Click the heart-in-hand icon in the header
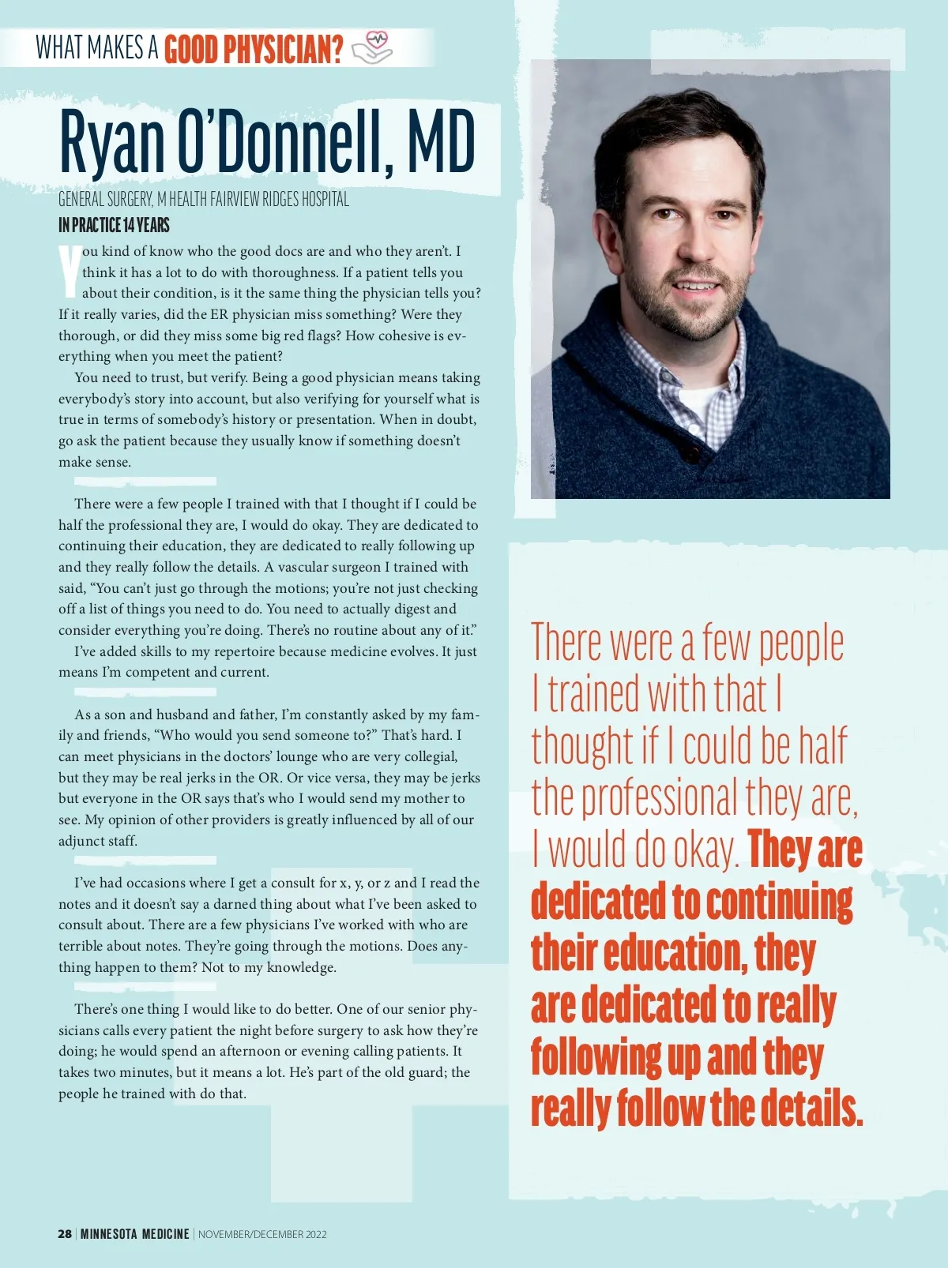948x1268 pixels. tap(372, 47)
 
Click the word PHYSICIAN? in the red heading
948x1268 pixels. tap(284, 50)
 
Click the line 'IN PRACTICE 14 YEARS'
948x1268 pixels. tap(114, 226)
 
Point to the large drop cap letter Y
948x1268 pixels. tap(70, 270)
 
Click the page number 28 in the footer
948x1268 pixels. tap(65, 1233)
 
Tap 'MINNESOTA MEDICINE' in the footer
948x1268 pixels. tap(135, 1233)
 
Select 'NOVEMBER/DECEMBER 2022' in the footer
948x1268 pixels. tap(262, 1233)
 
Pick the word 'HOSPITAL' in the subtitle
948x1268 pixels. tap(325, 199)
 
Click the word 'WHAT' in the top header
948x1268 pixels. tap(59, 48)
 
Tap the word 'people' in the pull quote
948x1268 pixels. tap(801, 644)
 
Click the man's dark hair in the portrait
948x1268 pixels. tap(679, 126)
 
